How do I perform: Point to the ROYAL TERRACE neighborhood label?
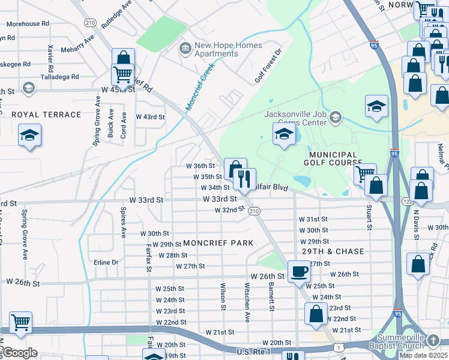(x=46, y=115)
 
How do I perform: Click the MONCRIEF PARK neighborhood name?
(x=218, y=243)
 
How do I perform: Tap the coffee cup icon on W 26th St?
(x=299, y=271)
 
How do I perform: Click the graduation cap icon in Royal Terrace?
(x=29, y=136)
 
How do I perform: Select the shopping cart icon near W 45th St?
(x=123, y=76)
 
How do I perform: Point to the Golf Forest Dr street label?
(x=268, y=66)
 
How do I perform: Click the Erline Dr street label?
(x=106, y=262)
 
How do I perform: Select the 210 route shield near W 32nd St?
(x=254, y=211)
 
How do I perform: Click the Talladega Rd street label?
(x=59, y=77)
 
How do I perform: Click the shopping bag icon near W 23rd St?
(x=316, y=313)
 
